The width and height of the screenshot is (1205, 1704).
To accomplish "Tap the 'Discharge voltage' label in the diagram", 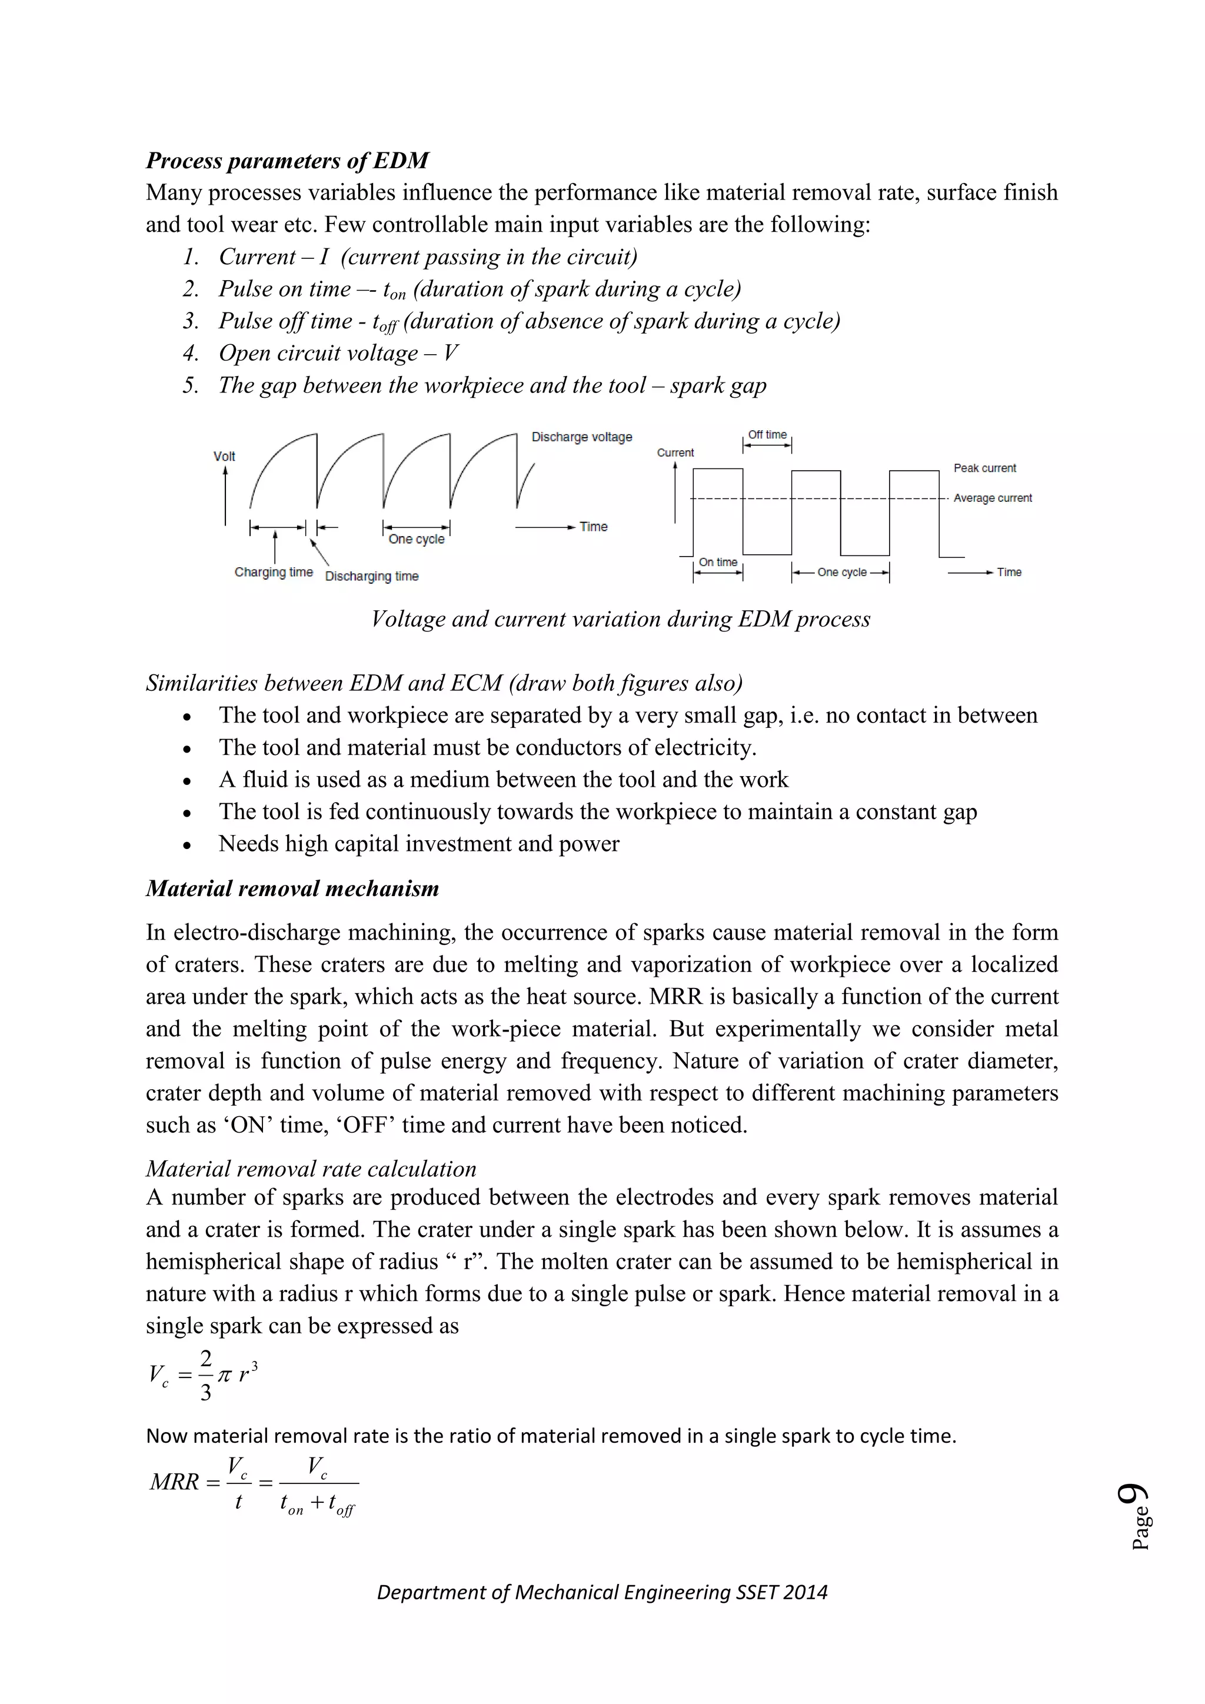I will [582, 437].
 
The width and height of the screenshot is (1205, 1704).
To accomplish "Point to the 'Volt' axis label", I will [224, 457].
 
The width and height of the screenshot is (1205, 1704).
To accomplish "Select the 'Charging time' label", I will [273, 572].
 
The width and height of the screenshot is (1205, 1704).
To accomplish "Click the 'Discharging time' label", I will [372, 577].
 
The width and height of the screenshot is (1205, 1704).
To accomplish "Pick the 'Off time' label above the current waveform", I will [767, 435].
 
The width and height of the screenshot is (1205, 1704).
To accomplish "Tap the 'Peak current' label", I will [984, 468].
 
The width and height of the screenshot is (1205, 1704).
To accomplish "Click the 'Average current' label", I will [992, 498].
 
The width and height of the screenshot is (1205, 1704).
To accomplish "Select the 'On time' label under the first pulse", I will [717, 563].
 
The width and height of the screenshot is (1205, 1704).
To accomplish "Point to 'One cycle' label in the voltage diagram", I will [416, 540].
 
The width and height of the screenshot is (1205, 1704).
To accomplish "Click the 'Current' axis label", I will [675, 452].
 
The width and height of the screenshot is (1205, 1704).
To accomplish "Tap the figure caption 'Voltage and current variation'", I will [620, 619].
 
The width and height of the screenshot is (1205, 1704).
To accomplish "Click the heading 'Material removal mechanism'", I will [292, 888].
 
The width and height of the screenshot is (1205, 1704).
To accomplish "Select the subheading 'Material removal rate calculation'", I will [311, 1169].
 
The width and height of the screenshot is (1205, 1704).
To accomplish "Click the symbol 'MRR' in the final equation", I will [174, 1482].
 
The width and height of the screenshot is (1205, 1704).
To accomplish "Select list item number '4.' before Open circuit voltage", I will [191, 353].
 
